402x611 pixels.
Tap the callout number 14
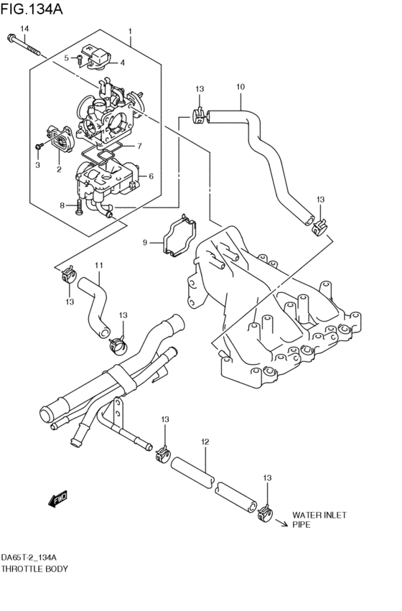point(24,28)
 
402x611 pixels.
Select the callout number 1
point(130,32)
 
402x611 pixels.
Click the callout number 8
point(62,205)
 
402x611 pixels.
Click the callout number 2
point(59,169)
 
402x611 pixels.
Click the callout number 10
point(241,87)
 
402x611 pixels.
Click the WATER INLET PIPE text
point(319,520)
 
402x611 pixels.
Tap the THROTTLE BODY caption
point(34,569)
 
